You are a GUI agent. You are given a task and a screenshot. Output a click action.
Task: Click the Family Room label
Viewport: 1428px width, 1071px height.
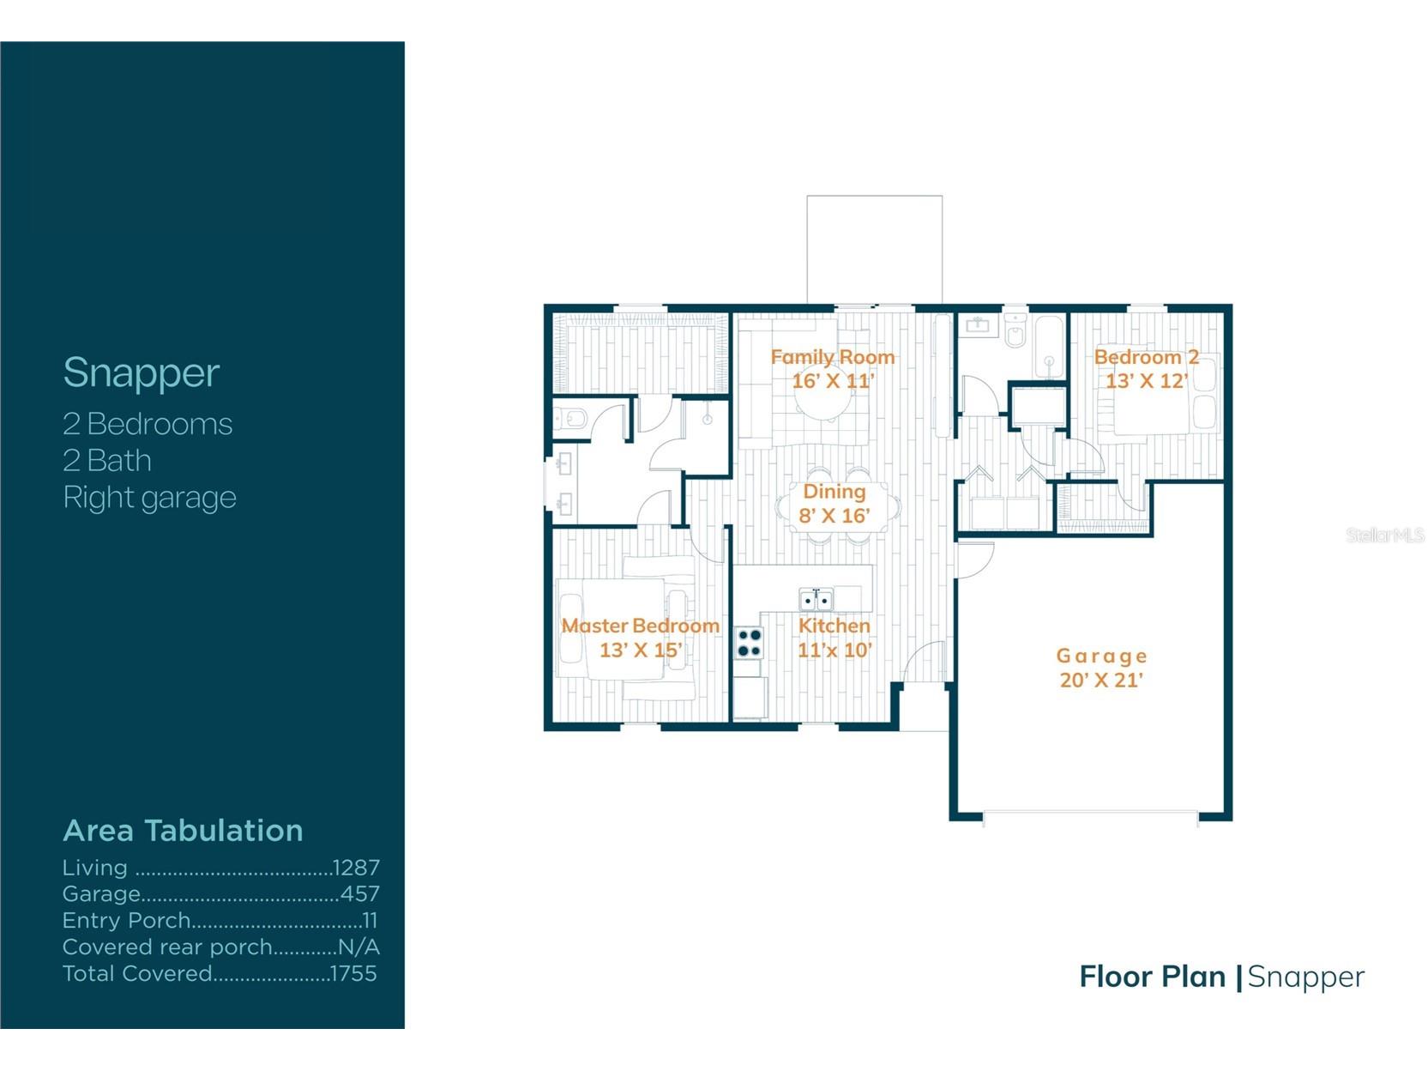(832, 357)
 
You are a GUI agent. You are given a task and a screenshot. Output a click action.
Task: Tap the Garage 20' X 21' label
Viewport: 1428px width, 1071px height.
(1101, 668)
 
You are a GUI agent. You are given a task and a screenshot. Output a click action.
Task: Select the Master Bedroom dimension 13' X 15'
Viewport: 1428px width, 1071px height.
(641, 650)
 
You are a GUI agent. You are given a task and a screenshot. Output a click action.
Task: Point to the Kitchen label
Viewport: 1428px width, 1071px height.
(834, 626)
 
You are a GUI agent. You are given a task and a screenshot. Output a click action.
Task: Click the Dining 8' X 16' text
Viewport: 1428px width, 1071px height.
(834, 504)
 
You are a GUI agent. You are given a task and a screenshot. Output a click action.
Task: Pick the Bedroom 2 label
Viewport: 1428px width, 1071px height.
(1146, 357)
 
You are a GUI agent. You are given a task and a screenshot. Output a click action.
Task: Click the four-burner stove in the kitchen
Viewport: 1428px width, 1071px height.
(749, 643)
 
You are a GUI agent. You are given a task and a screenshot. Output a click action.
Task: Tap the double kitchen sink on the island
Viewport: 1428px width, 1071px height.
(816, 600)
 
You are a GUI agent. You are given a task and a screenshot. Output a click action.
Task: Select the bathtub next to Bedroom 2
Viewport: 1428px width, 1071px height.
(1049, 348)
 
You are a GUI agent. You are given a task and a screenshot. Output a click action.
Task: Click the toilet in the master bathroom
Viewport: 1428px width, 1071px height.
(574, 420)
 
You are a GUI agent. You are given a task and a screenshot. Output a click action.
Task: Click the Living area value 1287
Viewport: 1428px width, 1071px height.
(356, 868)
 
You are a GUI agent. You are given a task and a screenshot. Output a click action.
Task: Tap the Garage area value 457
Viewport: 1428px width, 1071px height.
(360, 894)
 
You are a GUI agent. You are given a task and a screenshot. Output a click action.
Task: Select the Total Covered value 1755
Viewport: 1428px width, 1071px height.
(353, 974)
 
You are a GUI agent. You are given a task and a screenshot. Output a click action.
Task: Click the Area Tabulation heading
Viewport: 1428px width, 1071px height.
(183, 831)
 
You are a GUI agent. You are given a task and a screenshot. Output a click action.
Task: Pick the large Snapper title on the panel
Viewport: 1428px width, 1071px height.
(142, 373)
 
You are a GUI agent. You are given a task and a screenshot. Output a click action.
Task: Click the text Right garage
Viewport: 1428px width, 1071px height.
(149, 498)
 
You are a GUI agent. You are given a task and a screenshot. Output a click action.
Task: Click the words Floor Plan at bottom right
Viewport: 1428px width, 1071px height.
(1152, 977)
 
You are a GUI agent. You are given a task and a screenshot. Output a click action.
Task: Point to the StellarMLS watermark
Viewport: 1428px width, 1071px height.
(1384, 535)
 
